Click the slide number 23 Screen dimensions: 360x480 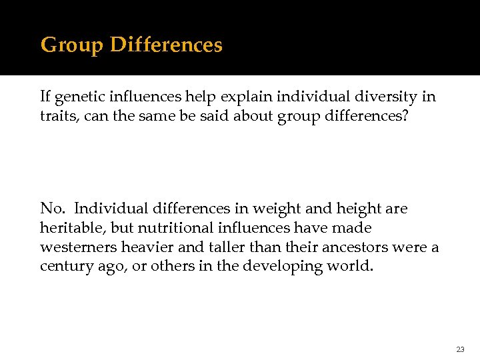(460, 349)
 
